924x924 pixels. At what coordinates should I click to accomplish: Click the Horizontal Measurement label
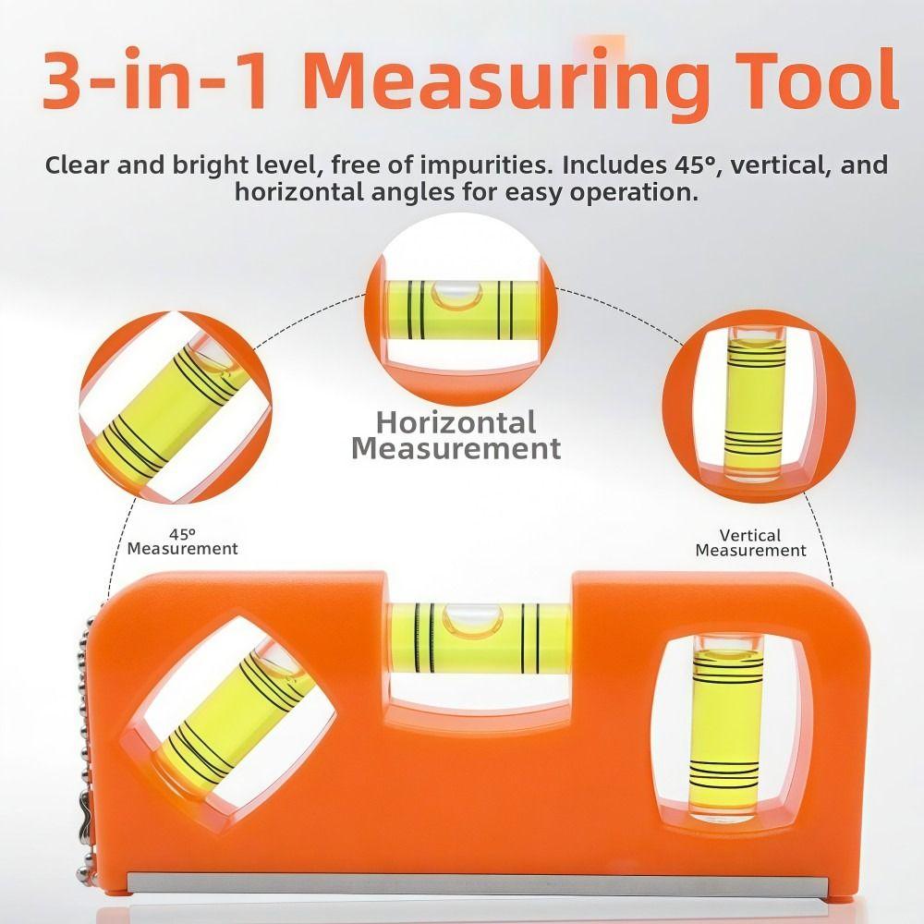point(456,435)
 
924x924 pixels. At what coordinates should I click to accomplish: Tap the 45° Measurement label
point(182,541)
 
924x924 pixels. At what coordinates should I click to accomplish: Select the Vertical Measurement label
point(750,542)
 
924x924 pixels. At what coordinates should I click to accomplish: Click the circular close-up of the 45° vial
point(175,407)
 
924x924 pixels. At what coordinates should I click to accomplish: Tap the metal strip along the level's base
point(499,883)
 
